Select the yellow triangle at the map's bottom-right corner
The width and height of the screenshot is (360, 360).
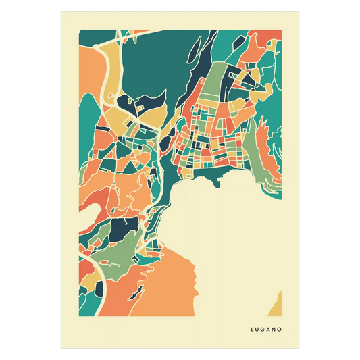point(276,305)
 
